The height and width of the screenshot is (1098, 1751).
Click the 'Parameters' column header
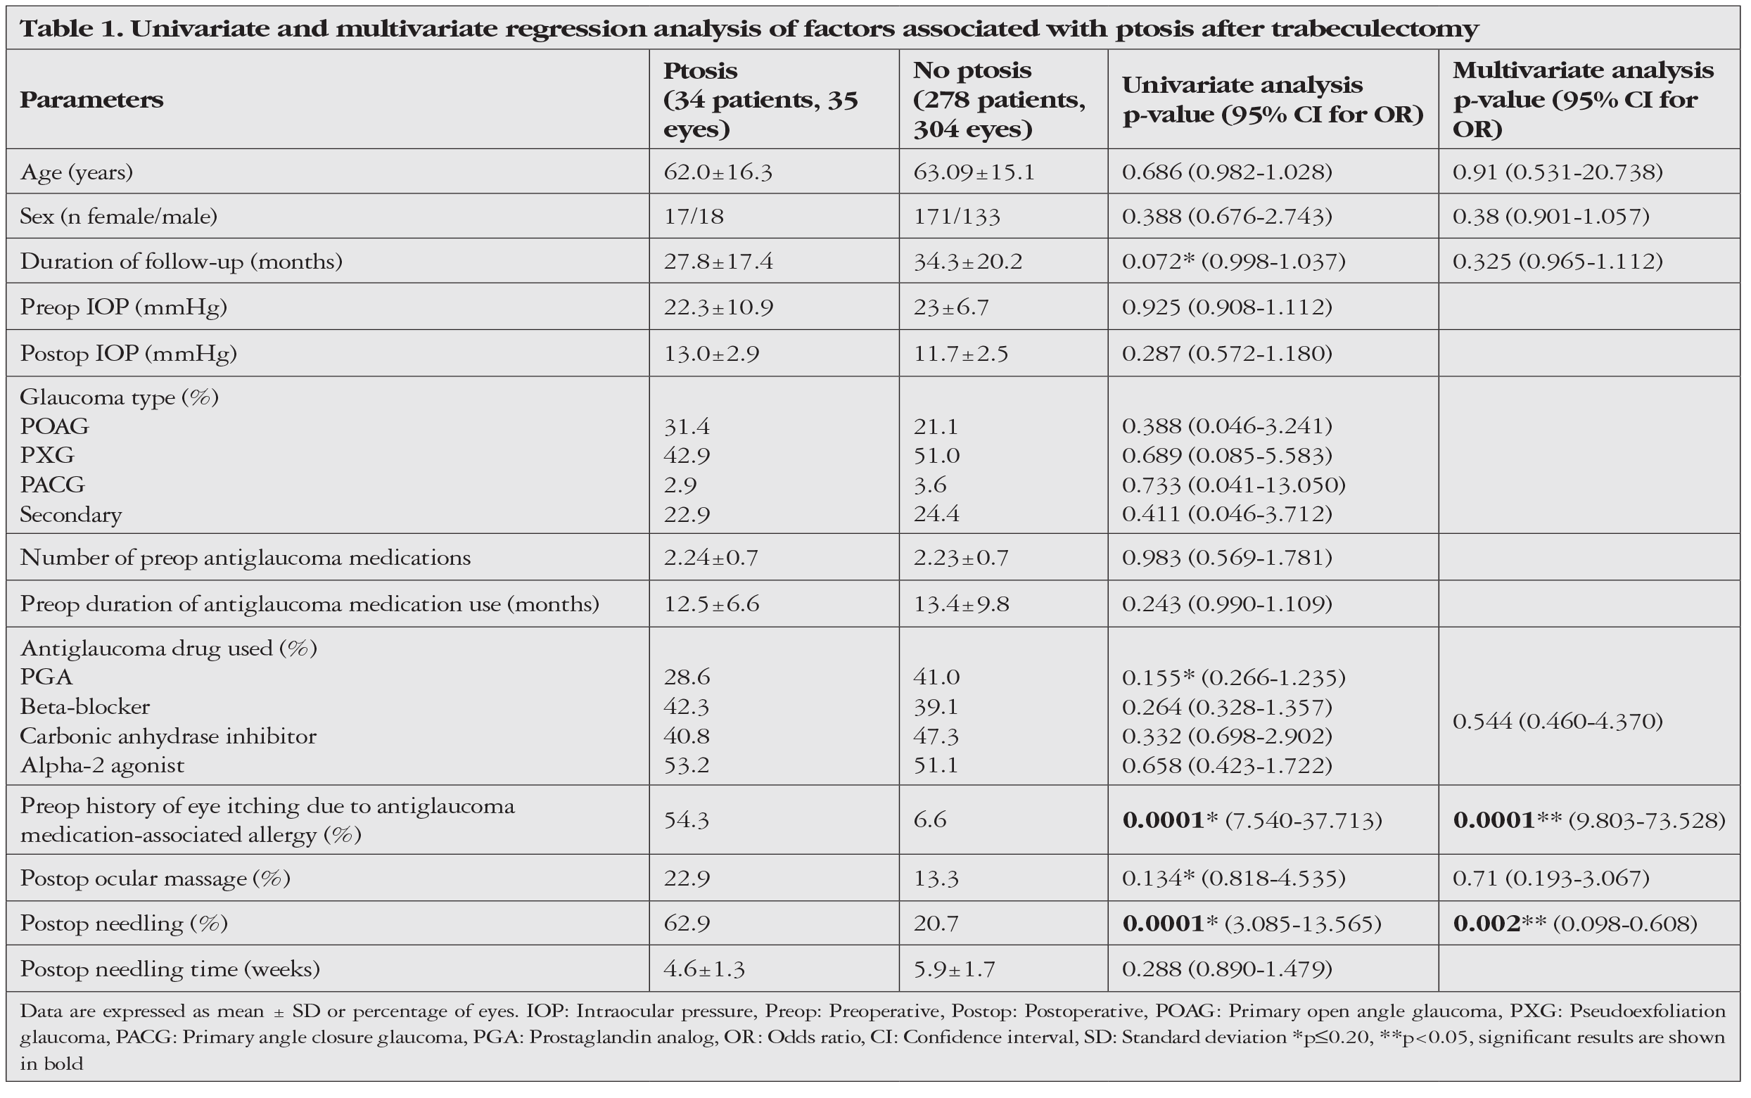coord(91,99)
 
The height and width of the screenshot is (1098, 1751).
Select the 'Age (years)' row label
coord(76,172)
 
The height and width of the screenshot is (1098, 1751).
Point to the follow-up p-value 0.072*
coord(1159,262)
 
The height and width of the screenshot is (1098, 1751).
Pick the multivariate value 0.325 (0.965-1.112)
coord(1558,262)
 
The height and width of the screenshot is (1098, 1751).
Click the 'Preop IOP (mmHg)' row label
coord(123,307)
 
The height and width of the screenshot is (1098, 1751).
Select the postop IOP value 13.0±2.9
coord(711,354)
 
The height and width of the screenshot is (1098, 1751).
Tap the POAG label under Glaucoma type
coord(54,426)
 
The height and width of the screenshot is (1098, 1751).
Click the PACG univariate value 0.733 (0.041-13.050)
coord(1233,485)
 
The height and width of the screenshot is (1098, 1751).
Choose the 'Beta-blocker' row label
coord(85,707)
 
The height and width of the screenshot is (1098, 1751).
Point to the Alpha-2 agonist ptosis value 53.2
coord(687,765)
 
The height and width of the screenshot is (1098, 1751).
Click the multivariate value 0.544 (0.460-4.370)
coord(1558,721)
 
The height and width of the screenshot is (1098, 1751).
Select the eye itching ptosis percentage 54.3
coord(687,820)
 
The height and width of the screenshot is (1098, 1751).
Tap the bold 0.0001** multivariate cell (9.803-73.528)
coord(1589,820)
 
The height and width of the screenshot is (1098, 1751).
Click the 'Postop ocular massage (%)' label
coord(155,879)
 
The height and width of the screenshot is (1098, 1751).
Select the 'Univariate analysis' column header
coord(1242,85)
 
